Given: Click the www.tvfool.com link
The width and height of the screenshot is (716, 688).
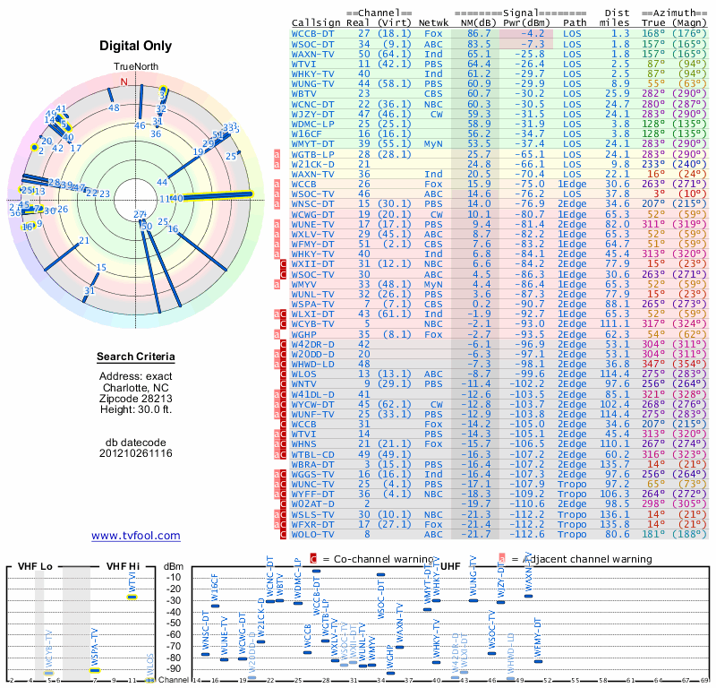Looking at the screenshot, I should [x=136, y=536].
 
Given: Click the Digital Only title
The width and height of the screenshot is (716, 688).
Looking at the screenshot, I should [x=136, y=46].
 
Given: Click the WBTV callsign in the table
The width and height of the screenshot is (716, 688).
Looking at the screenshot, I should [x=304, y=93].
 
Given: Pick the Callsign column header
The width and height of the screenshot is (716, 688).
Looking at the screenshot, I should [x=317, y=22].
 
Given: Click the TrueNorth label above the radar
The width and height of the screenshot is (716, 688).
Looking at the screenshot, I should [x=136, y=67].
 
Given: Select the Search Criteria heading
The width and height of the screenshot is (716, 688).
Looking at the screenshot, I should [x=136, y=357].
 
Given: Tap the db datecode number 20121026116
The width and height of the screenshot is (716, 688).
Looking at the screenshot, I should [x=136, y=454].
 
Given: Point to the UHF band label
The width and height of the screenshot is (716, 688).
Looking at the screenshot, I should [x=452, y=566].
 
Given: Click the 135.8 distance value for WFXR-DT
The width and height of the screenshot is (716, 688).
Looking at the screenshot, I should [x=615, y=523].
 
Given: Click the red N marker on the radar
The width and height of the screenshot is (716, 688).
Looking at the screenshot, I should [x=124, y=82].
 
